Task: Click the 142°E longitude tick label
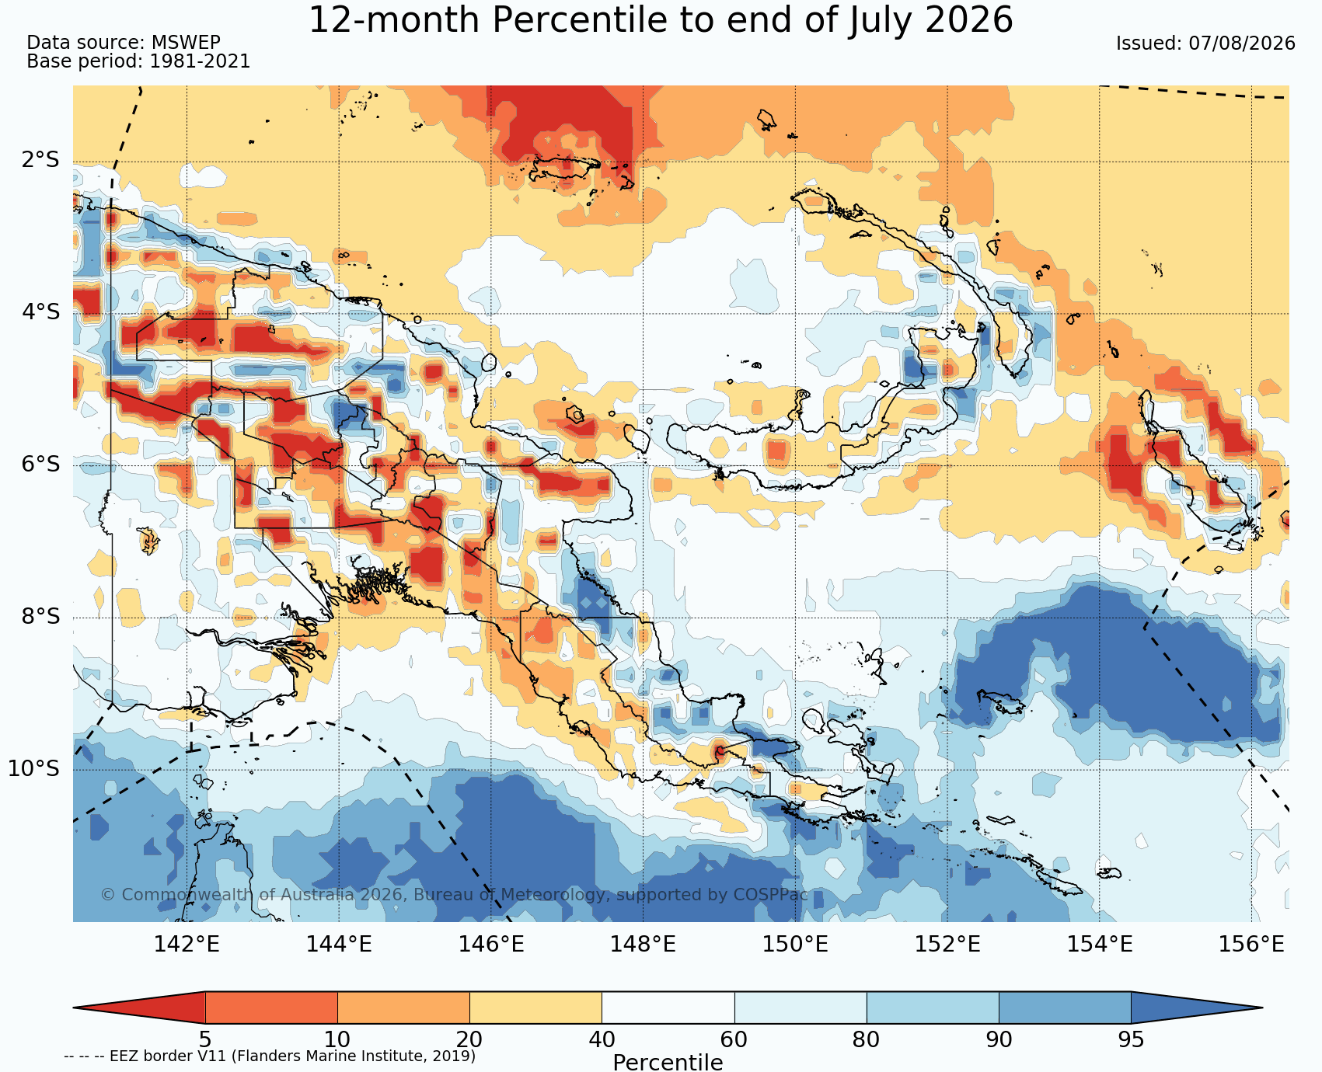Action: click(187, 944)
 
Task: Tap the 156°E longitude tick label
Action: click(1251, 944)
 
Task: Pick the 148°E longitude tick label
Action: click(643, 944)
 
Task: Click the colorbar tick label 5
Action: click(205, 1039)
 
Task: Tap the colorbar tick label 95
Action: click(1131, 1039)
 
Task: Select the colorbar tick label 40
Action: click(602, 1039)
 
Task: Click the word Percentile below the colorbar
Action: click(668, 1062)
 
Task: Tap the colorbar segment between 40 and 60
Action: click(668, 1008)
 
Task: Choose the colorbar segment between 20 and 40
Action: click(535, 1008)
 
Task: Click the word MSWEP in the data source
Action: click(186, 43)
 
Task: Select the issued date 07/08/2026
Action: click(1242, 44)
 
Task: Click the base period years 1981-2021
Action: click(200, 61)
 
